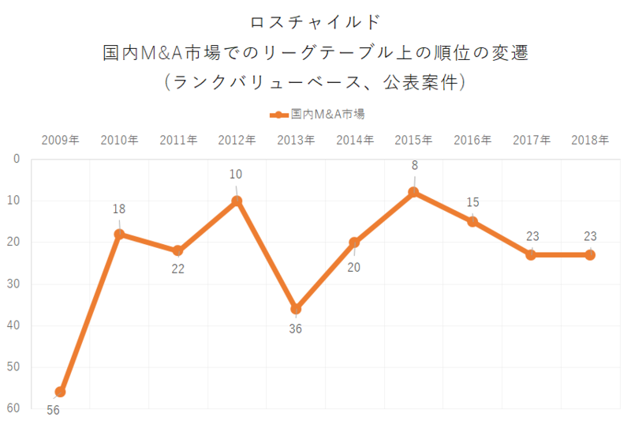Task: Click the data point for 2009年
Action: coord(60,392)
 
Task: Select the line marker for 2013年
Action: coord(296,309)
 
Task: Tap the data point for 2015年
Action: coord(413,192)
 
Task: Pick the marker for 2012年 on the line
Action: coord(237,201)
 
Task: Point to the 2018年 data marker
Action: coord(590,255)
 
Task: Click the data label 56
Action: coord(53,410)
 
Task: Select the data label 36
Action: coord(295,329)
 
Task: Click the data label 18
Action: coord(119,209)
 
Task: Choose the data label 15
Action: coord(472,202)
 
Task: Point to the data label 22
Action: coord(178,269)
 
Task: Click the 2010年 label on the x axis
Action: coord(119,141)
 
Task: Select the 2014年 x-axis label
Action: coord(355,141)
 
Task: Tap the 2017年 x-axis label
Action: coord(532,141)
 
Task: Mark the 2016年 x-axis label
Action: coord(472,141)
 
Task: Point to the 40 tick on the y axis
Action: coord(14,325)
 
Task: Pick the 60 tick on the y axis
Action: coord(14,408)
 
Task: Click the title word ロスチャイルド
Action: coord(315,21)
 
